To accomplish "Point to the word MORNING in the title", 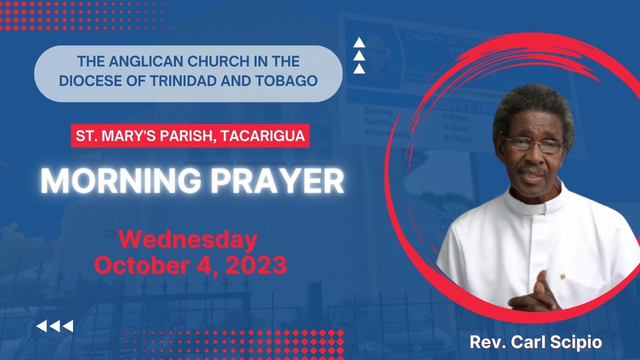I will coord(120,181).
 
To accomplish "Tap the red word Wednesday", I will coord(188,240).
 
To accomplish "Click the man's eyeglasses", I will coord(533,145).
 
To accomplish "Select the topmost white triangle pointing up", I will coord(359,43).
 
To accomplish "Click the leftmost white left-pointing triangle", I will coord(42,326).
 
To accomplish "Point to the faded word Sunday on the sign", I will coord(378,110).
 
